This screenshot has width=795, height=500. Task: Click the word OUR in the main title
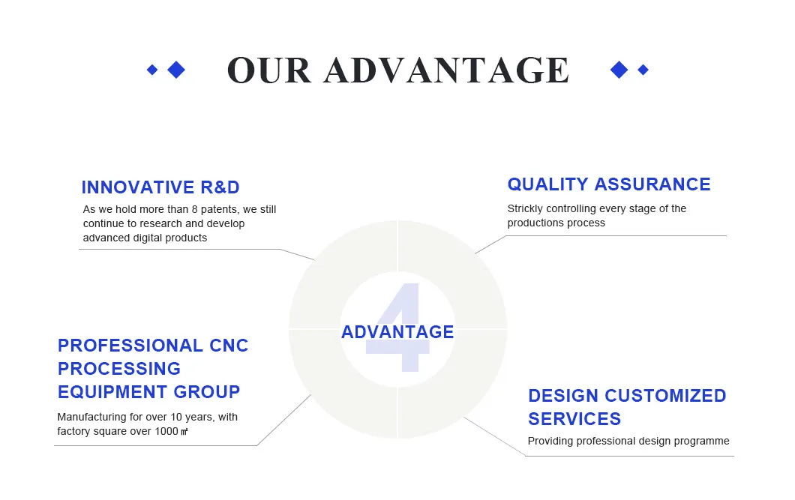(x=268, y=70)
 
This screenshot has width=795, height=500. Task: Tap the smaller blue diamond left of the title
(x=152, y=70)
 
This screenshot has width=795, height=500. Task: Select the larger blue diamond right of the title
(x=619, y=70)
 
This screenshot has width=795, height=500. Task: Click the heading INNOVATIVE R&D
(x=160, y=187)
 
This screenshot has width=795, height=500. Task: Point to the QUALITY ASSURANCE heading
(x=608, y=184)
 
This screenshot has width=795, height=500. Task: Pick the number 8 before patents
(x=193, y=210)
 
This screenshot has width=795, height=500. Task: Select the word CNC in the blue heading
(x=229, y=346)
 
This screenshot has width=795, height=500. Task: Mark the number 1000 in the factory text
(x=166, y=431)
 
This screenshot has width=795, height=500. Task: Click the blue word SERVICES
(x=574, y=419)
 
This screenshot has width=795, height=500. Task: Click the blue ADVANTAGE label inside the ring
(x=397, y=332)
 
